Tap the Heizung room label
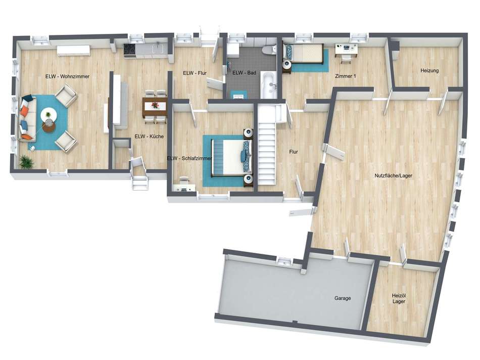(429, 71)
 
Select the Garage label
(342, 298)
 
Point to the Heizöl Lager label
(399, 298)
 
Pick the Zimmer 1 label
(346, 76)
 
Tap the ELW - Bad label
(245, 73)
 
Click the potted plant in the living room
(26, 162)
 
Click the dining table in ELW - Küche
(154, 106)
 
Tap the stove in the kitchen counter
(129, 49)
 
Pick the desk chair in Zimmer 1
(346, 56)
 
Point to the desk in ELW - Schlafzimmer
(183, 188)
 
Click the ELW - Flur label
(195, 73)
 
